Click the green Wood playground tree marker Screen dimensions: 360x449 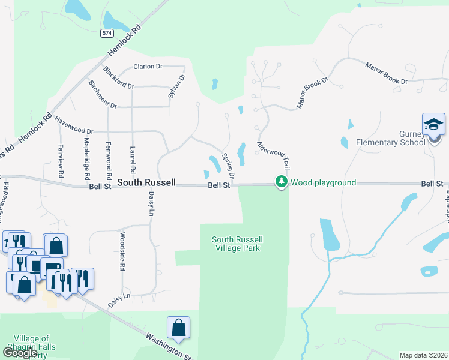coord(280,182)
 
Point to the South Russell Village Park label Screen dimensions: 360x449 coord(237,244)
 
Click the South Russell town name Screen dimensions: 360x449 coord(146,182)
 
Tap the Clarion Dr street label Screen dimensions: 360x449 coord(148,67)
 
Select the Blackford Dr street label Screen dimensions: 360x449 coord(118,77)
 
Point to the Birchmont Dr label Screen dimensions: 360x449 coord(102,94)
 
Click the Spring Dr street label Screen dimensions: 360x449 coord(228,164)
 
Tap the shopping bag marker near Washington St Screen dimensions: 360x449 coord(178,328)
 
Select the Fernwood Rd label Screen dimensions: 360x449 coord(109,161)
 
